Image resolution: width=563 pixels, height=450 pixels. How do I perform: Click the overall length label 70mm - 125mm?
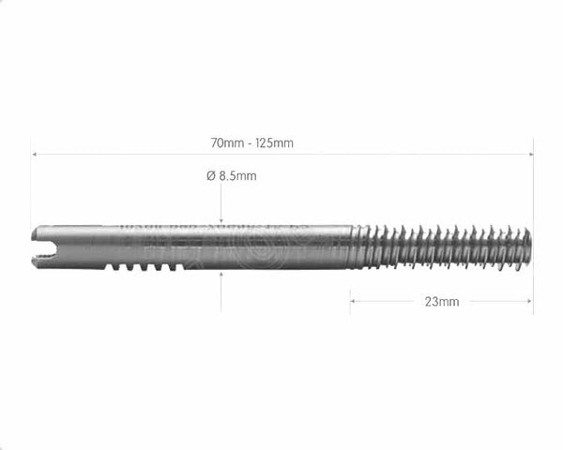click(x=251, y=143)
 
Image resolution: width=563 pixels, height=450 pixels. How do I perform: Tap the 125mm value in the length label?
click(x=275, y=143)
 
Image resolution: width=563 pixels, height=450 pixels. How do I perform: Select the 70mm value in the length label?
click(x=226, y=143)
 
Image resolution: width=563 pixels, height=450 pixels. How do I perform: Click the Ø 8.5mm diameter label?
click(x=231, y=175)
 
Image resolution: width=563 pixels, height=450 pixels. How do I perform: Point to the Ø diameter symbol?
click(x=211, y=175)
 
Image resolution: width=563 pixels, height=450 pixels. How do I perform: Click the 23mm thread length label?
click(x=441, y=302)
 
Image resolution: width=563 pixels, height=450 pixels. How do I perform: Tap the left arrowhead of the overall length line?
click(x=34, y=154)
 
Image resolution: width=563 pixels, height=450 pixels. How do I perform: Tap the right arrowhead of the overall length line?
click(x=529, y=154)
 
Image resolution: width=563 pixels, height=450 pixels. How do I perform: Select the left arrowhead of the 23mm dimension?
click(x=354, y=301)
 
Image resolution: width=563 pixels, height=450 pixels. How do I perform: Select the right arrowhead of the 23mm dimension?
click(x=529, y=301)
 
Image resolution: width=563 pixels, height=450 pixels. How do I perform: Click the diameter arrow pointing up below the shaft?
click(x=221, y=277)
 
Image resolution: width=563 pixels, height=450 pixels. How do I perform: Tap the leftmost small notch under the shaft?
click(x=112, y=267)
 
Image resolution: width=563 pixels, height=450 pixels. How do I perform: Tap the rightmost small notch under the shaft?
click(x=176, y=267)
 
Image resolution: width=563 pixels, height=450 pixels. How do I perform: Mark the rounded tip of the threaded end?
click(x=527, y=247)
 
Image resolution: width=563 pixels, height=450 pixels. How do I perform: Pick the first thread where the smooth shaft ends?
click(x=358, y=247)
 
